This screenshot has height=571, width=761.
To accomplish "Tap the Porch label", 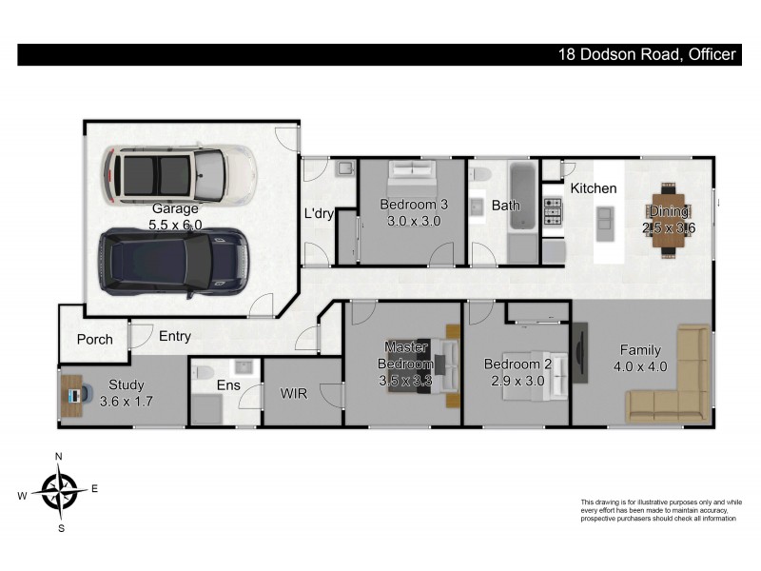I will point(95,339).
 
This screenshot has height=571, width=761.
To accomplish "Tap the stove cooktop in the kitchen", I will point(552,212).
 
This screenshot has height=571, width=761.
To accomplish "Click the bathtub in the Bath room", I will point(522,197).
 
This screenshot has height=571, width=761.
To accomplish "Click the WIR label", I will point(293,392).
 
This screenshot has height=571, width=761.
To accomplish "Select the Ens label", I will point(228,385).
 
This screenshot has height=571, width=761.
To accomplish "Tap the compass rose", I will point(59,491).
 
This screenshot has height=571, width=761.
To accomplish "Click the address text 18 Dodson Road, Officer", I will point(647,55).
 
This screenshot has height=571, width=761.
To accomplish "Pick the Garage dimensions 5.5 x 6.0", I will point(175,226).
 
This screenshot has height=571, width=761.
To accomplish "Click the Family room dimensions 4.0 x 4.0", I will point(639,366).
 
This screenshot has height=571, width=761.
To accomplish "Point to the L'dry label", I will point(319,213).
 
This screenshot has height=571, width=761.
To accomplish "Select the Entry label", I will point(175,336).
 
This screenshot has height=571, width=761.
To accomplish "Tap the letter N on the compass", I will point(59,457).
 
